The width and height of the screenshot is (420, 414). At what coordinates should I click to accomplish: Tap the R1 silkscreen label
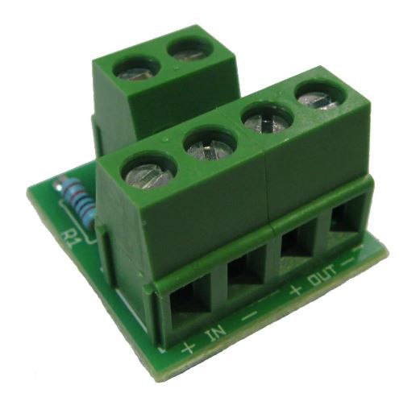70,239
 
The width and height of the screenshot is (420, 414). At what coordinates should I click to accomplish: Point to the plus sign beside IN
188,348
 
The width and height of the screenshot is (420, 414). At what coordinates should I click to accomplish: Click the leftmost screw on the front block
148,174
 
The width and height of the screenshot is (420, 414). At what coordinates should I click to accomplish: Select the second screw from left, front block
210,148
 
